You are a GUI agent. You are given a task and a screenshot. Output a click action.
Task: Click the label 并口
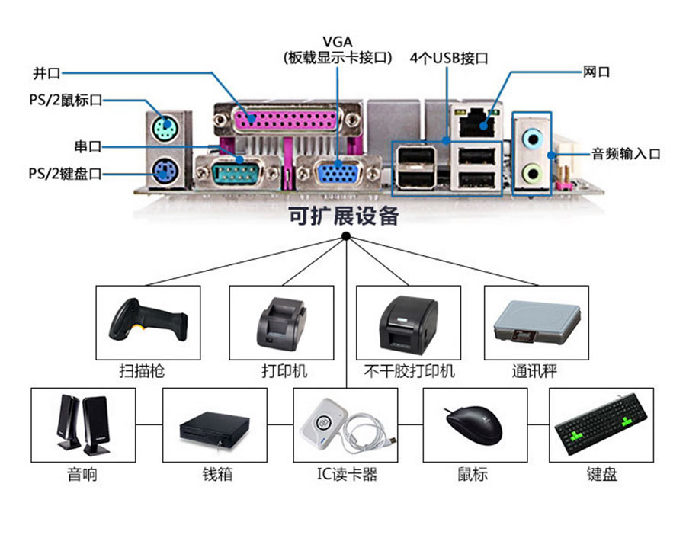(x=46, y=73)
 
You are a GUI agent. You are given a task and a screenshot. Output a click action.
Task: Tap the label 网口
(x=596, y=72)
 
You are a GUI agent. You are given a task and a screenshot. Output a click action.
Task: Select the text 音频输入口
(x=626, y=154)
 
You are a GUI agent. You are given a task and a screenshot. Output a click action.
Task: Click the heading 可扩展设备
(x=344, y=216)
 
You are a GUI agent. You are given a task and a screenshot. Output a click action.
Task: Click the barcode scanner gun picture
(x=148, y=321)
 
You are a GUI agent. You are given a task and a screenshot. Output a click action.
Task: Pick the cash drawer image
(x=215, y=428)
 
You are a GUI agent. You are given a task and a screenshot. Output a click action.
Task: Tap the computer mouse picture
(x=473, y=424)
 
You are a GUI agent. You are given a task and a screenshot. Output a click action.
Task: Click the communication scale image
(x=536, y=324)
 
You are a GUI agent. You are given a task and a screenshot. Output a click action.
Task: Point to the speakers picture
(x=82, y=424)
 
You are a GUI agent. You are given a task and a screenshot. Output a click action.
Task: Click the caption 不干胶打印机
(x=409, y=371)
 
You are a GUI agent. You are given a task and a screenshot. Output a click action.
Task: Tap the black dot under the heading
(x=345, y=237)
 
